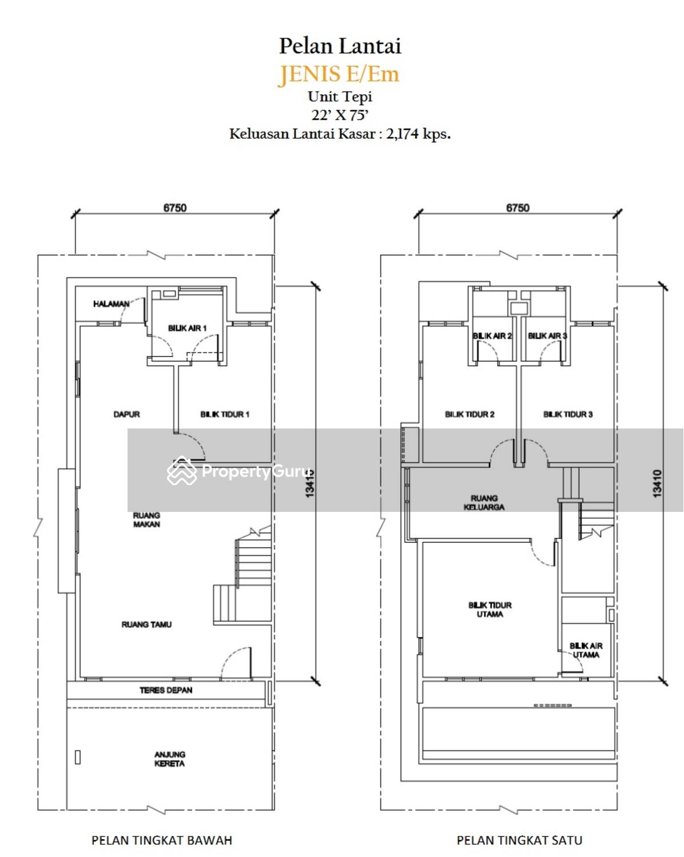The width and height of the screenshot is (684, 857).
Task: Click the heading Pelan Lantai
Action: (x=340, y=46)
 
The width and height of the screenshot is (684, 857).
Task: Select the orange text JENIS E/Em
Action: (x=339, y=74)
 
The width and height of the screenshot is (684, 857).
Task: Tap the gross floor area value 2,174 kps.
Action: (x=418, y=134)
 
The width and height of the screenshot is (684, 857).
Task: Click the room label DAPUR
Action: (x=127, y=415)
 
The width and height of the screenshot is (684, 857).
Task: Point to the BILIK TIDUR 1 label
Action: (x=225, y=415)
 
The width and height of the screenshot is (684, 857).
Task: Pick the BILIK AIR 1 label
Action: (x=188, y=328)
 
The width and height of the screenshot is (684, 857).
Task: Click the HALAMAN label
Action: (x=111, y=305)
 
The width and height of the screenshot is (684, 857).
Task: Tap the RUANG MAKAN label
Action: (x=146, y=520)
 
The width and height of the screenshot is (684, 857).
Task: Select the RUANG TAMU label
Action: (x=146, y=624)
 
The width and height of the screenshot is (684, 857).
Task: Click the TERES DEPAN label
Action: (x=166, y=690)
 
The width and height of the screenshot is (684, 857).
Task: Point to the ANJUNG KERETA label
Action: (x=169, y=759)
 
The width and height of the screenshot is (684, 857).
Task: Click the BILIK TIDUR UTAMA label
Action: (x=490, y=610)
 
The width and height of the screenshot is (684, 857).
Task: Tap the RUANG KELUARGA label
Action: (x=484, y=503)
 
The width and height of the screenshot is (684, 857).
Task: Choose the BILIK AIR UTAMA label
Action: (x=586, y=650)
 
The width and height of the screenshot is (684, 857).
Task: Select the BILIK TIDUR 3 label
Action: (x=568, y=415)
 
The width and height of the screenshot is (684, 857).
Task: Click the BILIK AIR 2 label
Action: (x=492, y=336)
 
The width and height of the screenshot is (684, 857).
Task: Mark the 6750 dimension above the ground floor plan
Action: (x=175, y=208)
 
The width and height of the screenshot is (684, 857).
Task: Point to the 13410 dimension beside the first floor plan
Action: (x=657, y=483)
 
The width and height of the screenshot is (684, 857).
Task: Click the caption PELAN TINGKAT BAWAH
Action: (x=162, y=840)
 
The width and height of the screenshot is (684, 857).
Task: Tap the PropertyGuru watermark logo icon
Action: (x=182, y=471)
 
